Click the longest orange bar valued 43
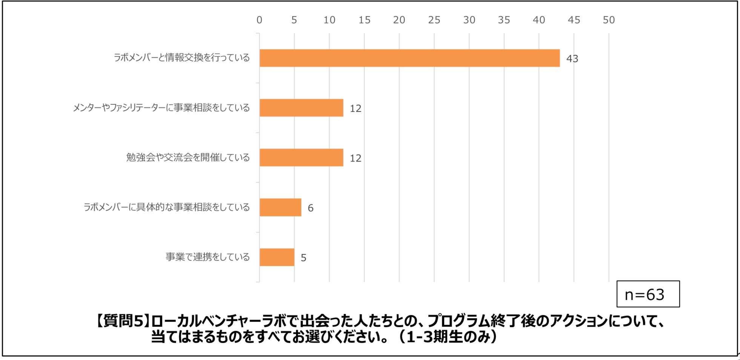[x=409, y=58]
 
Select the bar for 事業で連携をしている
[x=277, y=257]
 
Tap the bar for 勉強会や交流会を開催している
[x=301, y=158]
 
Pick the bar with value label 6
[x=280, y=207]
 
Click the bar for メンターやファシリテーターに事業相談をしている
[x=301, y=108]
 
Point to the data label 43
[x=572, y=59]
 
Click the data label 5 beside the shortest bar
[x=303, y=258]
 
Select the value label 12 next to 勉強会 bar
[x=355, y=158]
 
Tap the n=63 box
[x=648, y=294]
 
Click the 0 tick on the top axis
[x=259, y=20]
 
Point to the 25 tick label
[x=434, y=20]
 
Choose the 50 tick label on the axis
[x=608, y=20]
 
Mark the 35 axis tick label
[x=504, y=20]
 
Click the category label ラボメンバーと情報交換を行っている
[x=182, y=58]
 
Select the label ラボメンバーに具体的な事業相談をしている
[x=166, y=207]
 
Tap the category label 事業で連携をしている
[x=207, y=257]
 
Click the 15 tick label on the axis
[x=364, y=20]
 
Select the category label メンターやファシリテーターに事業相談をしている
[x=161, y=108]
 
